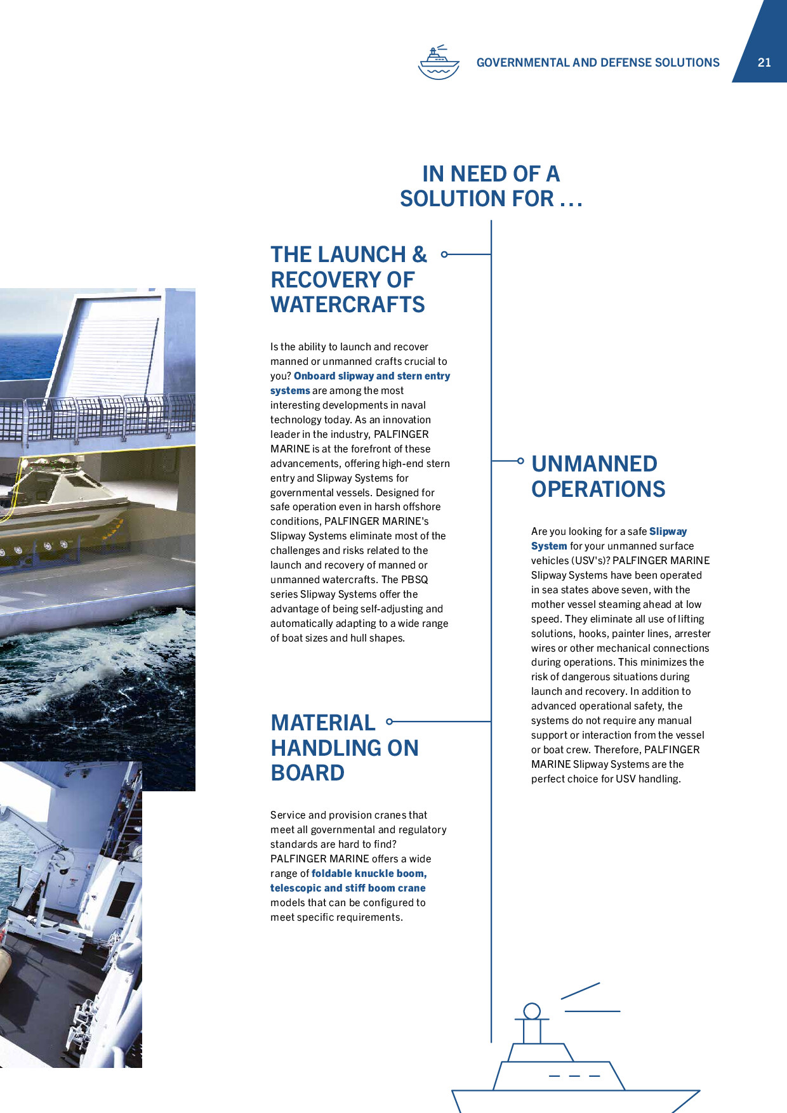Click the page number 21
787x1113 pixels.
tap(764, 62)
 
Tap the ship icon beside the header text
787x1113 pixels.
tap(439, 62)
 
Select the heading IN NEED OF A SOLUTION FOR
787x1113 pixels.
tap(491, 186)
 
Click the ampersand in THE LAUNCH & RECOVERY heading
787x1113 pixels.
tap(420, 254)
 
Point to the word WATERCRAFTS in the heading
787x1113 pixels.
tap(348, 305)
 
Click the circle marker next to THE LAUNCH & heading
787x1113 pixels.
tap(444, 254)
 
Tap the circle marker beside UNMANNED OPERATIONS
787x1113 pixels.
tap(520, 461)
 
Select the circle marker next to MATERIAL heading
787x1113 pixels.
tap(390, 721)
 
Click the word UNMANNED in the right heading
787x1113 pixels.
tap(594, 464)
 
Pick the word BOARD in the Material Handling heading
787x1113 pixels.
tap(308, 773)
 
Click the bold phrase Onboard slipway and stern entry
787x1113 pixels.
tap(372, 376)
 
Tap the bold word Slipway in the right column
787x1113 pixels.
tap(668, 531)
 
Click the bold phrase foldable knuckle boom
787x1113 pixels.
tap(369, 873)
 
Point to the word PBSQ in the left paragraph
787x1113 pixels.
tap(414, 579)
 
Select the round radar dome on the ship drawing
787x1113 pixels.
tap(532, 1011)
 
